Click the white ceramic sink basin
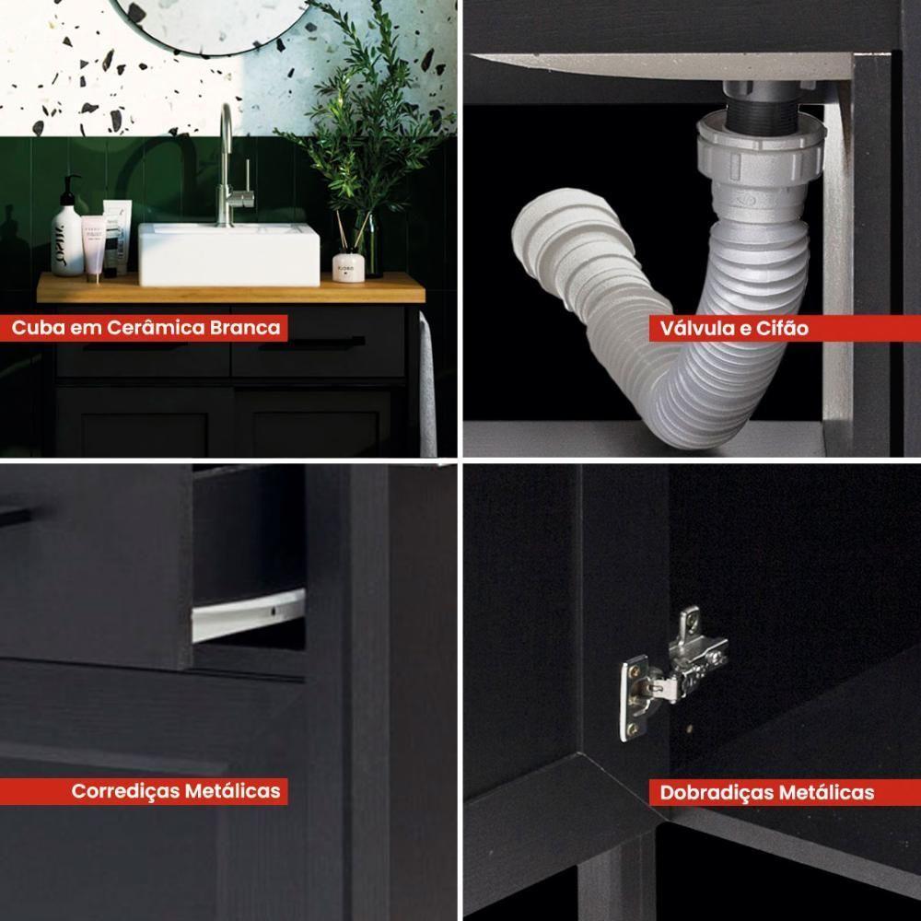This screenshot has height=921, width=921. click(229, 254)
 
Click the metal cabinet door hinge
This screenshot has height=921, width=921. click(672, 673)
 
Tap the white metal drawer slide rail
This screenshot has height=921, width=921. click(249, 614)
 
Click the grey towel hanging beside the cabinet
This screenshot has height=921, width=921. click(427, 385)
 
